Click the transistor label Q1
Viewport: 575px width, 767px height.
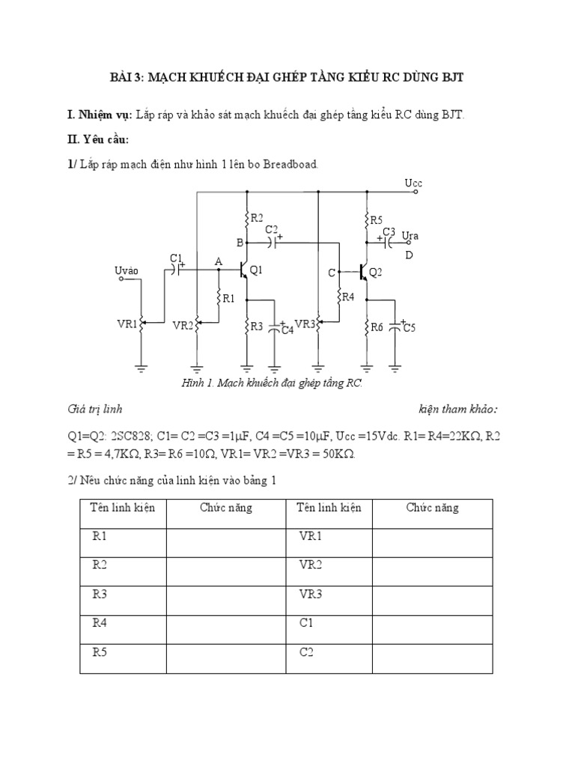point(256,270)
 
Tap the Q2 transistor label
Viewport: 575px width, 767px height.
point(376,272)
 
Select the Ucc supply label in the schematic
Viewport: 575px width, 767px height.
point(413,183)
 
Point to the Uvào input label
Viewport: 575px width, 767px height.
point(127,270)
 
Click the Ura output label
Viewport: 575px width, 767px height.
point(410,237)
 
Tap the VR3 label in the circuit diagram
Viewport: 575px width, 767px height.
point(305,324)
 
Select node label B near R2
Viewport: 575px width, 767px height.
point(240,243)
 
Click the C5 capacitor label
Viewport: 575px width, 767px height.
point(409,327)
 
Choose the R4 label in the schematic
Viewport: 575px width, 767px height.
point(347,297)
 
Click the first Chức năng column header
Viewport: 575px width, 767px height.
point(226,508)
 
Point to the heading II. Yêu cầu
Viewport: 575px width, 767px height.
point(98,139)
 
